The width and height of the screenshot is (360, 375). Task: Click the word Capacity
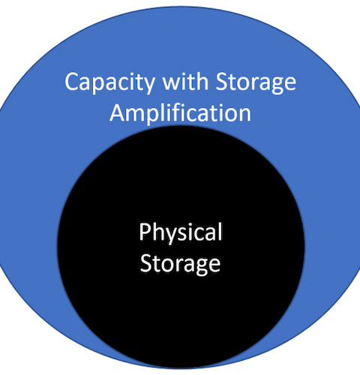coord(109,83)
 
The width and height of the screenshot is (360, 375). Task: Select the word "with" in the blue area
coord(185,81)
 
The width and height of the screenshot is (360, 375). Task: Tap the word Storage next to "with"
coord(256,83)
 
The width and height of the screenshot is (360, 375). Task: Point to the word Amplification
coord(180,113)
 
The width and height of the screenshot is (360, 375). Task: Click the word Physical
coord(181,232)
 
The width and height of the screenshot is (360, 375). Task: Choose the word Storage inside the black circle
coord(180,264)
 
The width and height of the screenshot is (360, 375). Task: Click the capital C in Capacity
coord(72,82)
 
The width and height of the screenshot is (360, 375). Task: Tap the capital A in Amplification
coord(118,112)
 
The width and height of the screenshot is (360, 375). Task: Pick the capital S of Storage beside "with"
coord(221,82)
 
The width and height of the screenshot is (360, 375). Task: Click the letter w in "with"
coord(172,84)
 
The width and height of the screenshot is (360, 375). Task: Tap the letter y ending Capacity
coord(149,86)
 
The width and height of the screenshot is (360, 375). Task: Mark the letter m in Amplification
coord(137,115)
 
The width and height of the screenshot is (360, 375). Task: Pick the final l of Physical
coord(220,231)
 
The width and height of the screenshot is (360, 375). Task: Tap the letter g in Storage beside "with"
coord(274,86)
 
